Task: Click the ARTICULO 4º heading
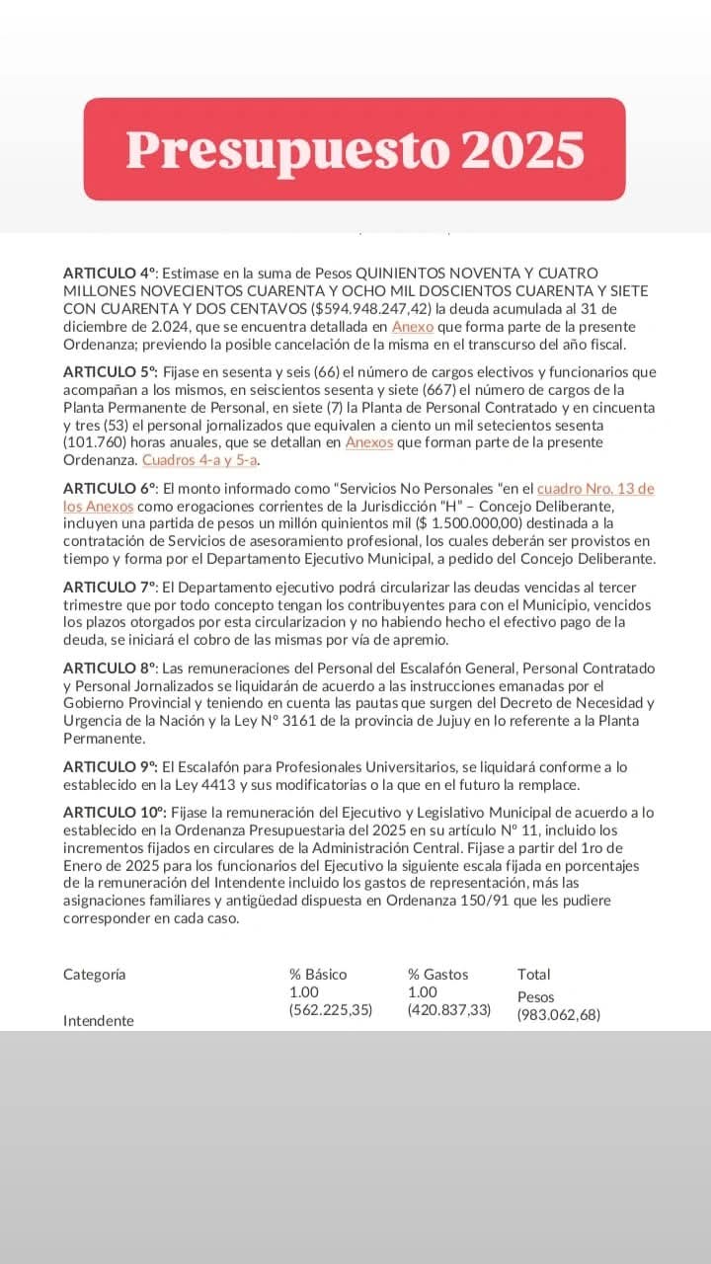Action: point(110,273)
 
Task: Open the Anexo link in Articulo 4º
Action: point(412,326)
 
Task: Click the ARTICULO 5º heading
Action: point(110,372)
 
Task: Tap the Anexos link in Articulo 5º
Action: point(368,443)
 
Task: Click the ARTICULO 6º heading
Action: point(110,489)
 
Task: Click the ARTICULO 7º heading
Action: point(110,588)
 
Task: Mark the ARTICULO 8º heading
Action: point(110,669)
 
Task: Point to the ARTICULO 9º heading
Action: point(110,767)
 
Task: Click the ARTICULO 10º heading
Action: point(113,813)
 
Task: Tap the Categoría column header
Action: point(95,975)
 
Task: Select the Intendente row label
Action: point(99,1021)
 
